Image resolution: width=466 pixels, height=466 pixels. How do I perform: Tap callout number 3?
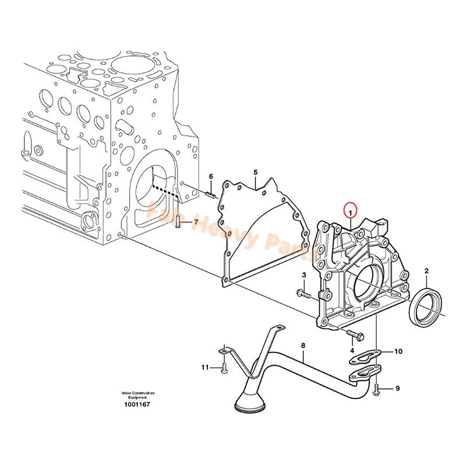tap(303, 275)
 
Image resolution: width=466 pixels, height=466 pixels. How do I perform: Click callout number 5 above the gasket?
tap(255, 172)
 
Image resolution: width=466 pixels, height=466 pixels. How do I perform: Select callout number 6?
tap(211, 176)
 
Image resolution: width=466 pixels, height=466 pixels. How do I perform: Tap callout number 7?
tap(196, 223)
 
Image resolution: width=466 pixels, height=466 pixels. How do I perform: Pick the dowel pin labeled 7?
tap(177, 221)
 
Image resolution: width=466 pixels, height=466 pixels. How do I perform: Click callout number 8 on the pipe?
tap(303, 345)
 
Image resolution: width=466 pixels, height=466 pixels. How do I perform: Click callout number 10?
tap(398, 351)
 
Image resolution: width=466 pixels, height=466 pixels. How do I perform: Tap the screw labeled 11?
tap(223, 367)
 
